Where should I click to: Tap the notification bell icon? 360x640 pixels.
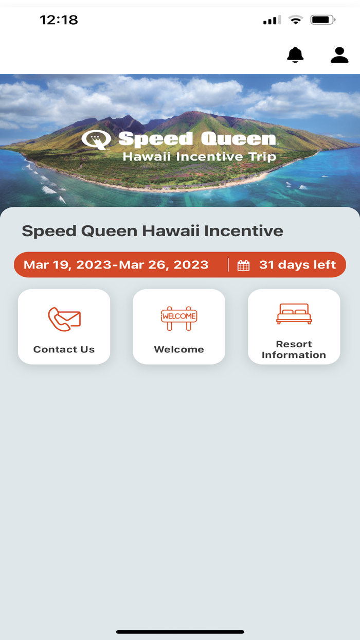(x=295, y=55)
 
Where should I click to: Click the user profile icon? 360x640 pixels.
(x=339, y=55)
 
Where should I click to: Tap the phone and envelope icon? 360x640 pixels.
(x=64, y=319)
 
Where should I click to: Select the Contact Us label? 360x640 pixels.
(x=64, y=349)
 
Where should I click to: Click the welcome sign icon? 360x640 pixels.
(x=179, y=317)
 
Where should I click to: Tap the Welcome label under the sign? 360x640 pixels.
(x=179, y=349)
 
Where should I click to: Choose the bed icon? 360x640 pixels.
(x=294, y=314)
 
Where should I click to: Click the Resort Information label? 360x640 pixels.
(x=294, y=349)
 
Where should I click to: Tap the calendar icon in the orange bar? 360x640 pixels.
(x=243, y=265)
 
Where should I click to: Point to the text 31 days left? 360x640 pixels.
(x=297, y=265)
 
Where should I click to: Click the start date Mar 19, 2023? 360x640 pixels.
(x=67, y=265)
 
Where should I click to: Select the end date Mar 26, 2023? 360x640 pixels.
(x=164, y=265)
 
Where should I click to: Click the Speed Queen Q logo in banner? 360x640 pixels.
(x=96, y=139)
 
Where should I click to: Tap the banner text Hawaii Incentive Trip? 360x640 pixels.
(x=200, y=156)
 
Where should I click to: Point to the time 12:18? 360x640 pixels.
(x=59, y=20)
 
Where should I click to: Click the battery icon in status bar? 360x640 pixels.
(x=323, y=20)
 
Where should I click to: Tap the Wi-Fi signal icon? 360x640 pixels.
(x=296, y=20)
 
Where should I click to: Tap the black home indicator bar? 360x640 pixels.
(x=180, y=631)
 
